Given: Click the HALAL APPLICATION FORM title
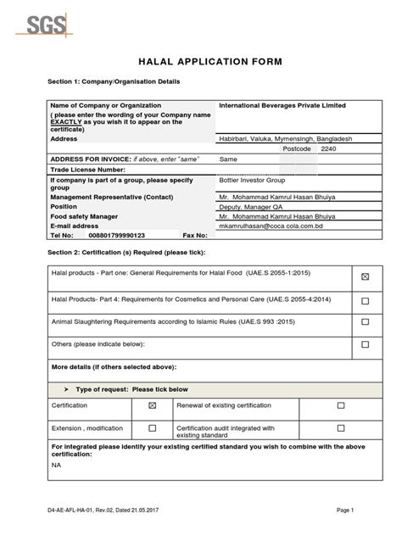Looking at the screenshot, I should click(x=201, y=61).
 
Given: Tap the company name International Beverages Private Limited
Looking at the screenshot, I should click(x=276, y=105).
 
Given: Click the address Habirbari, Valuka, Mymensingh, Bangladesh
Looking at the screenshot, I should click(x=286, y=137).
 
